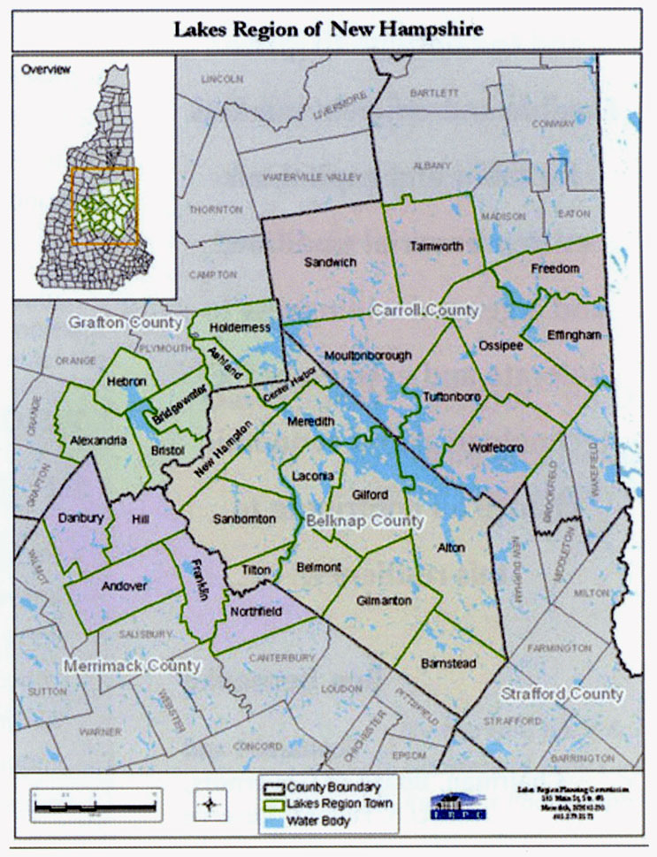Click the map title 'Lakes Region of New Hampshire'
pos(328,29)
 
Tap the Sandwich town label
pos(330,262)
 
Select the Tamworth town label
pos(436,246)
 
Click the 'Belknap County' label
pos(364,522)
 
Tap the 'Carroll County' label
pos(424,310)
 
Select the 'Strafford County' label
pos(562,694)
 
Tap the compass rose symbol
pos(213,805)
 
